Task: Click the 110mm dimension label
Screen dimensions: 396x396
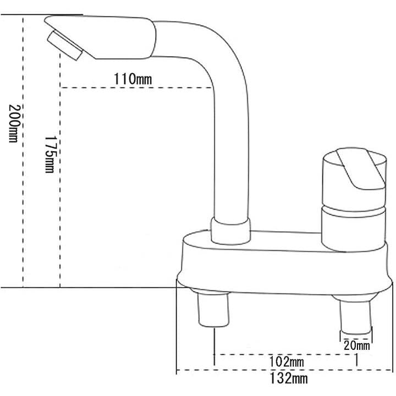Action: click(133, 79)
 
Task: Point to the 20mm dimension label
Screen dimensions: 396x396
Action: click(356, 345)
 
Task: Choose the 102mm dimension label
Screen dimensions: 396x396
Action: click(287, 361)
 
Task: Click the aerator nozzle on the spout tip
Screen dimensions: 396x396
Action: click(65, 46)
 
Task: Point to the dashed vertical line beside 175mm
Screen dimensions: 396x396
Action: click(59, 220)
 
